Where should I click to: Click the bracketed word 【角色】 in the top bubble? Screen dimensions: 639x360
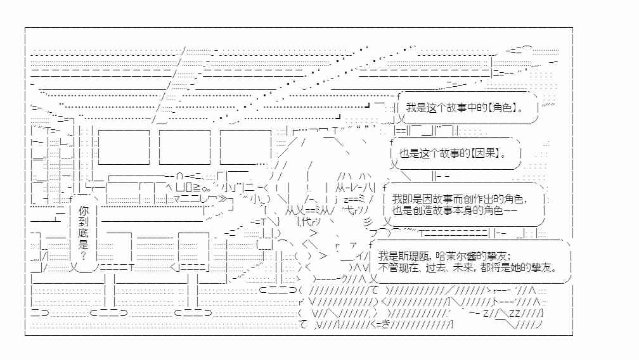503,108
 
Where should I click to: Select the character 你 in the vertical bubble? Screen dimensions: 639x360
83,210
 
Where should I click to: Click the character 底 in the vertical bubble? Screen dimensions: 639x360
83,233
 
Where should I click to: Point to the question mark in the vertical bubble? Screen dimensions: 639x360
83,256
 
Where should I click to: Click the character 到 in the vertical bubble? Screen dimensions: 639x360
83,222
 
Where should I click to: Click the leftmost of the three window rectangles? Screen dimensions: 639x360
124,147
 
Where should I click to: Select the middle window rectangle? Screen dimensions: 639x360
184,147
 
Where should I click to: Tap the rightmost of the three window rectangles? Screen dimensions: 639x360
245,147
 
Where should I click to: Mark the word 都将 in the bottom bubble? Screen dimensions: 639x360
491,267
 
